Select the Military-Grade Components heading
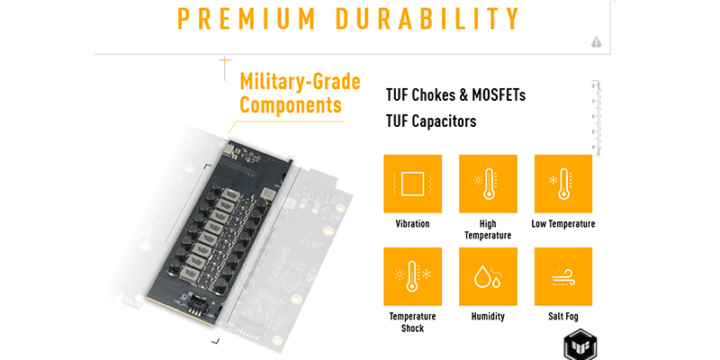[x=299, y=94]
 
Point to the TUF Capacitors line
[x=430, y=121]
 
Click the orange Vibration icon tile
[x=412, y=184]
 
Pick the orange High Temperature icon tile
[x=488, y=184]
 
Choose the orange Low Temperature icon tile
[x=563, y=184]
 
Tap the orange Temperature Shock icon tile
[x=412, y=276]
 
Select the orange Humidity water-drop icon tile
[x=488, y=276]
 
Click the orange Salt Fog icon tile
[x=563, y=276]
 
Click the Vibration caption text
[x=412, y=223]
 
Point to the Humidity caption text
[x=488, y=317]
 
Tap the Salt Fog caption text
[x=563, y=317]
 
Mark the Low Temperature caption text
[x=563, y=223]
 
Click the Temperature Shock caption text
[x=412, y=322]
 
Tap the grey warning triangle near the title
[x=597, y=41]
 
